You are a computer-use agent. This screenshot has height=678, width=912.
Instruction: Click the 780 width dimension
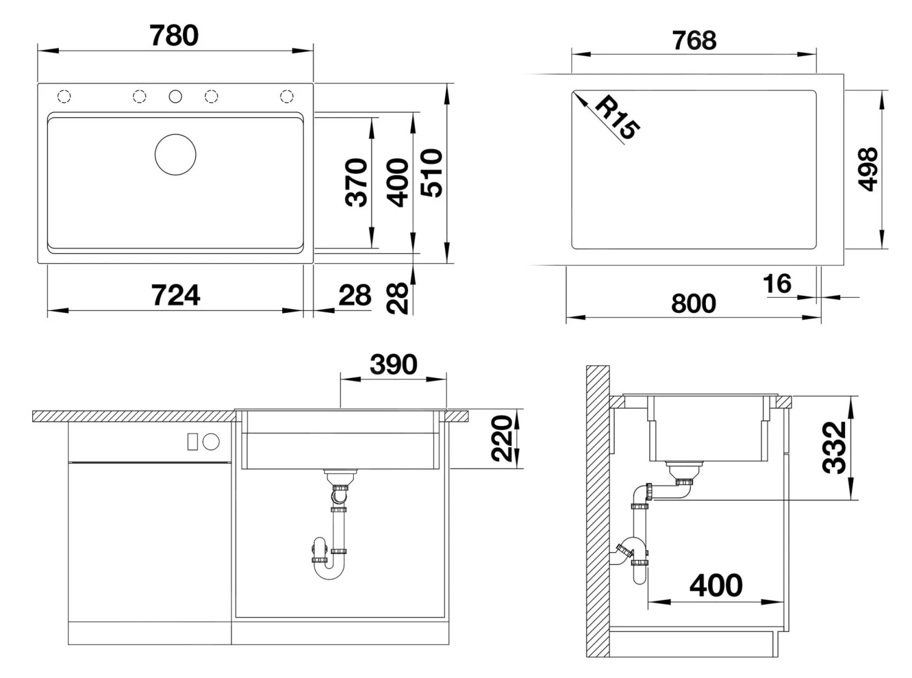pos(174,36)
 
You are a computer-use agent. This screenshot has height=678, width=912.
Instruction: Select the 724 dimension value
pos(175,295)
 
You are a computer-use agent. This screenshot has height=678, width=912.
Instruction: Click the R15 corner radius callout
pos(617,118)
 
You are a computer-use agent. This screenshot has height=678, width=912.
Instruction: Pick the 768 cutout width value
pos(694,41)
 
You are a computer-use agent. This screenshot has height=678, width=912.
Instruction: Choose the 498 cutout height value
pos(868,169)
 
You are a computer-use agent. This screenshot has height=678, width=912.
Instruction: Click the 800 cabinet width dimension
pos(693,303)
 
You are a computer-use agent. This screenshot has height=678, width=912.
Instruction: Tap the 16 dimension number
pos(777,284)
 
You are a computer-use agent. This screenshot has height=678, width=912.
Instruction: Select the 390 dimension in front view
pos(393,365)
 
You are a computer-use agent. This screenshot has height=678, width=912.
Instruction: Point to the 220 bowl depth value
pos(503,439)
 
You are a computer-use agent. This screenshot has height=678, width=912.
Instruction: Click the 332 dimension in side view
pos(835,448)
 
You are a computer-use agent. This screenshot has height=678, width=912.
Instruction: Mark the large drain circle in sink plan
pos(176,155)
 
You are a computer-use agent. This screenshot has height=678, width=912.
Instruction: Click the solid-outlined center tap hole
pos(176,96)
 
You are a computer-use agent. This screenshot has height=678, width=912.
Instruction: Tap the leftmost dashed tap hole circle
pos(64,96)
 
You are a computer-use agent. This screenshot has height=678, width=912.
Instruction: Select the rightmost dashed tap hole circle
pos(287,96)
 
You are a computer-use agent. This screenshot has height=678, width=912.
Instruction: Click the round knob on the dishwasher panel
pos(211,442)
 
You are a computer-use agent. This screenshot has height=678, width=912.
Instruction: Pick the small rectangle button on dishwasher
pos(192,442)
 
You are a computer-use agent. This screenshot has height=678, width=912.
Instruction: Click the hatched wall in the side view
pos(597,510)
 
